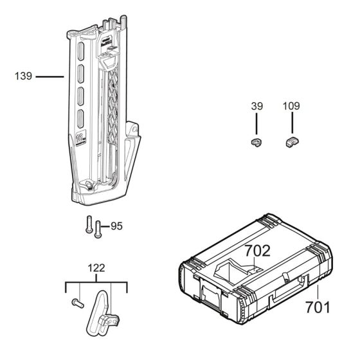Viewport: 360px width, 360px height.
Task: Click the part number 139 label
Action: pos(24,76)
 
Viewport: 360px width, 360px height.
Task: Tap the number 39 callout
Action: pos(256,107)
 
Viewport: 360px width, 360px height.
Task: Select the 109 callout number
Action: pos(292,107)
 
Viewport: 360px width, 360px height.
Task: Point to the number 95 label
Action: pos(116,226)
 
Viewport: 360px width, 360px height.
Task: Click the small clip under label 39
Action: pos(256,143)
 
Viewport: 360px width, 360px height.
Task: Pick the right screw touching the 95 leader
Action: pos(98,230)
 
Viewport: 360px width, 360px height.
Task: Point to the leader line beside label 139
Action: pos(50,76)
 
